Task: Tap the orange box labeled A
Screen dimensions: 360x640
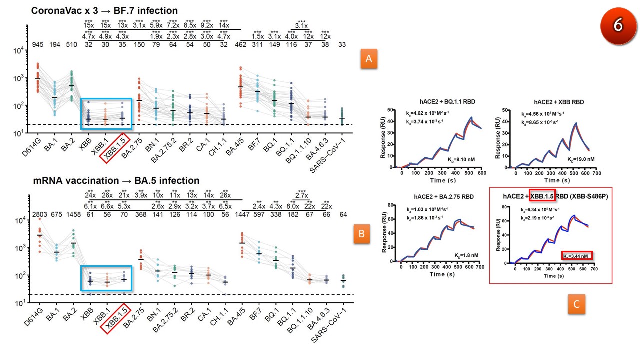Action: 369,59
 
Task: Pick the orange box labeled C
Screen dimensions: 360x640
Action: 576,305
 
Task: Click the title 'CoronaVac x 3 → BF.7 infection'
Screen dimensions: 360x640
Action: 104,10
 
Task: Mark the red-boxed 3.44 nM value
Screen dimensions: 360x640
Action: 577,255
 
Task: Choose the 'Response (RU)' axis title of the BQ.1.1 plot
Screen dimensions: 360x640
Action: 383,137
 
